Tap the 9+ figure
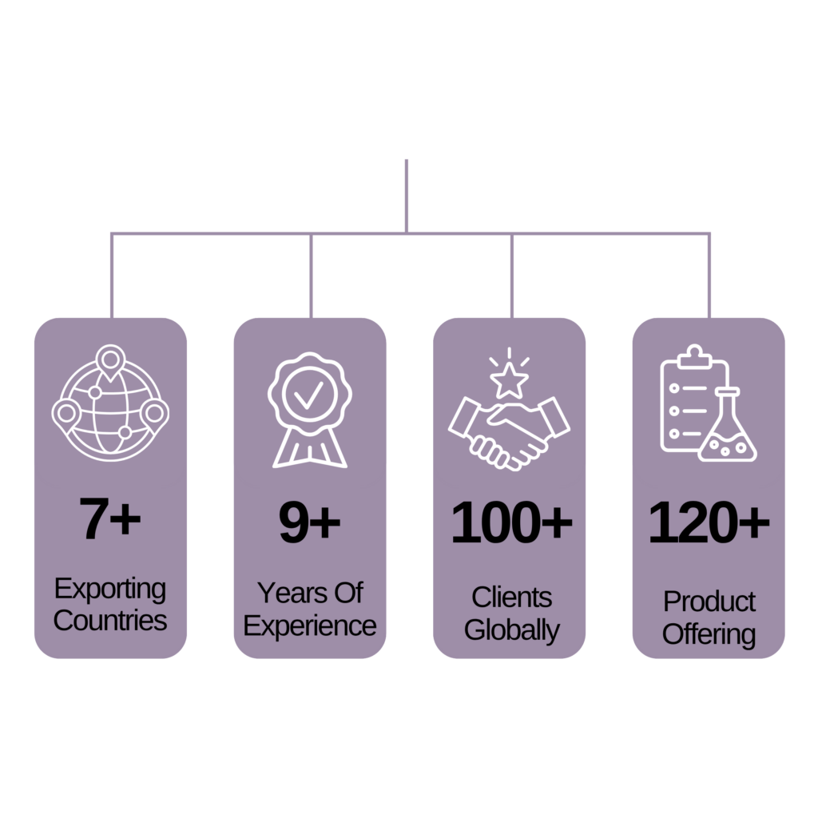click(x=309, y=522)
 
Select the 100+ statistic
click(x=511, y=522)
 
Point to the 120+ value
click(x=709, y=522)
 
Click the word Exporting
click(x=110, y=590)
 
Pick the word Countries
click(x=110, y=621)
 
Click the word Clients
click(x=512, y=598)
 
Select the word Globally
click(x=512, y=630)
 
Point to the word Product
click(x=709, y=602)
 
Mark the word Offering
click(x=709, y=634)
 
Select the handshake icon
click(x=509, y=434)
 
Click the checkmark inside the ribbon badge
click(x=309, y=395)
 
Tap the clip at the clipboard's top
click(x=694, y=356)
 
